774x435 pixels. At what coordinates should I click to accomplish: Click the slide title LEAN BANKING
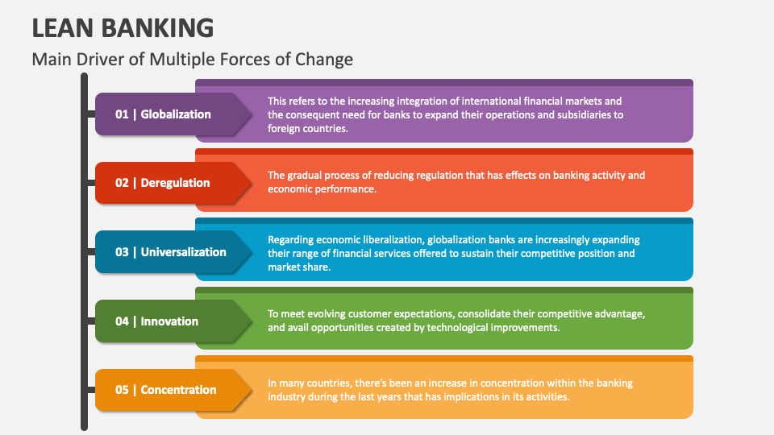point(123,27)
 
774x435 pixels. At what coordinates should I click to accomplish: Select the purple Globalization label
point(176,114)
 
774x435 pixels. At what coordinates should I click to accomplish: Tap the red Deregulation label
point(175,183)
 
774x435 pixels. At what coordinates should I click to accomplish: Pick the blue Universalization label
point(183,252)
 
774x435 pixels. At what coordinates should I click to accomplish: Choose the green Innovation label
point(169,321)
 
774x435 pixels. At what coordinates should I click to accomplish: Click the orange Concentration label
point(178,390)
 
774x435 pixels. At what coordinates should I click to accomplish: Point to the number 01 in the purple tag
point(122,114)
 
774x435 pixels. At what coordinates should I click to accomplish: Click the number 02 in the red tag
point(122,183)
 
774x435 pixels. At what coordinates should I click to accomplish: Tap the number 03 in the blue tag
point(122,252)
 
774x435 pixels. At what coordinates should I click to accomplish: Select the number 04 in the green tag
point(122,321)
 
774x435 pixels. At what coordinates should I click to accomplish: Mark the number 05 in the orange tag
point(122,390)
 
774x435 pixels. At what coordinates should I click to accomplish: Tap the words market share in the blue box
point(299,267)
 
